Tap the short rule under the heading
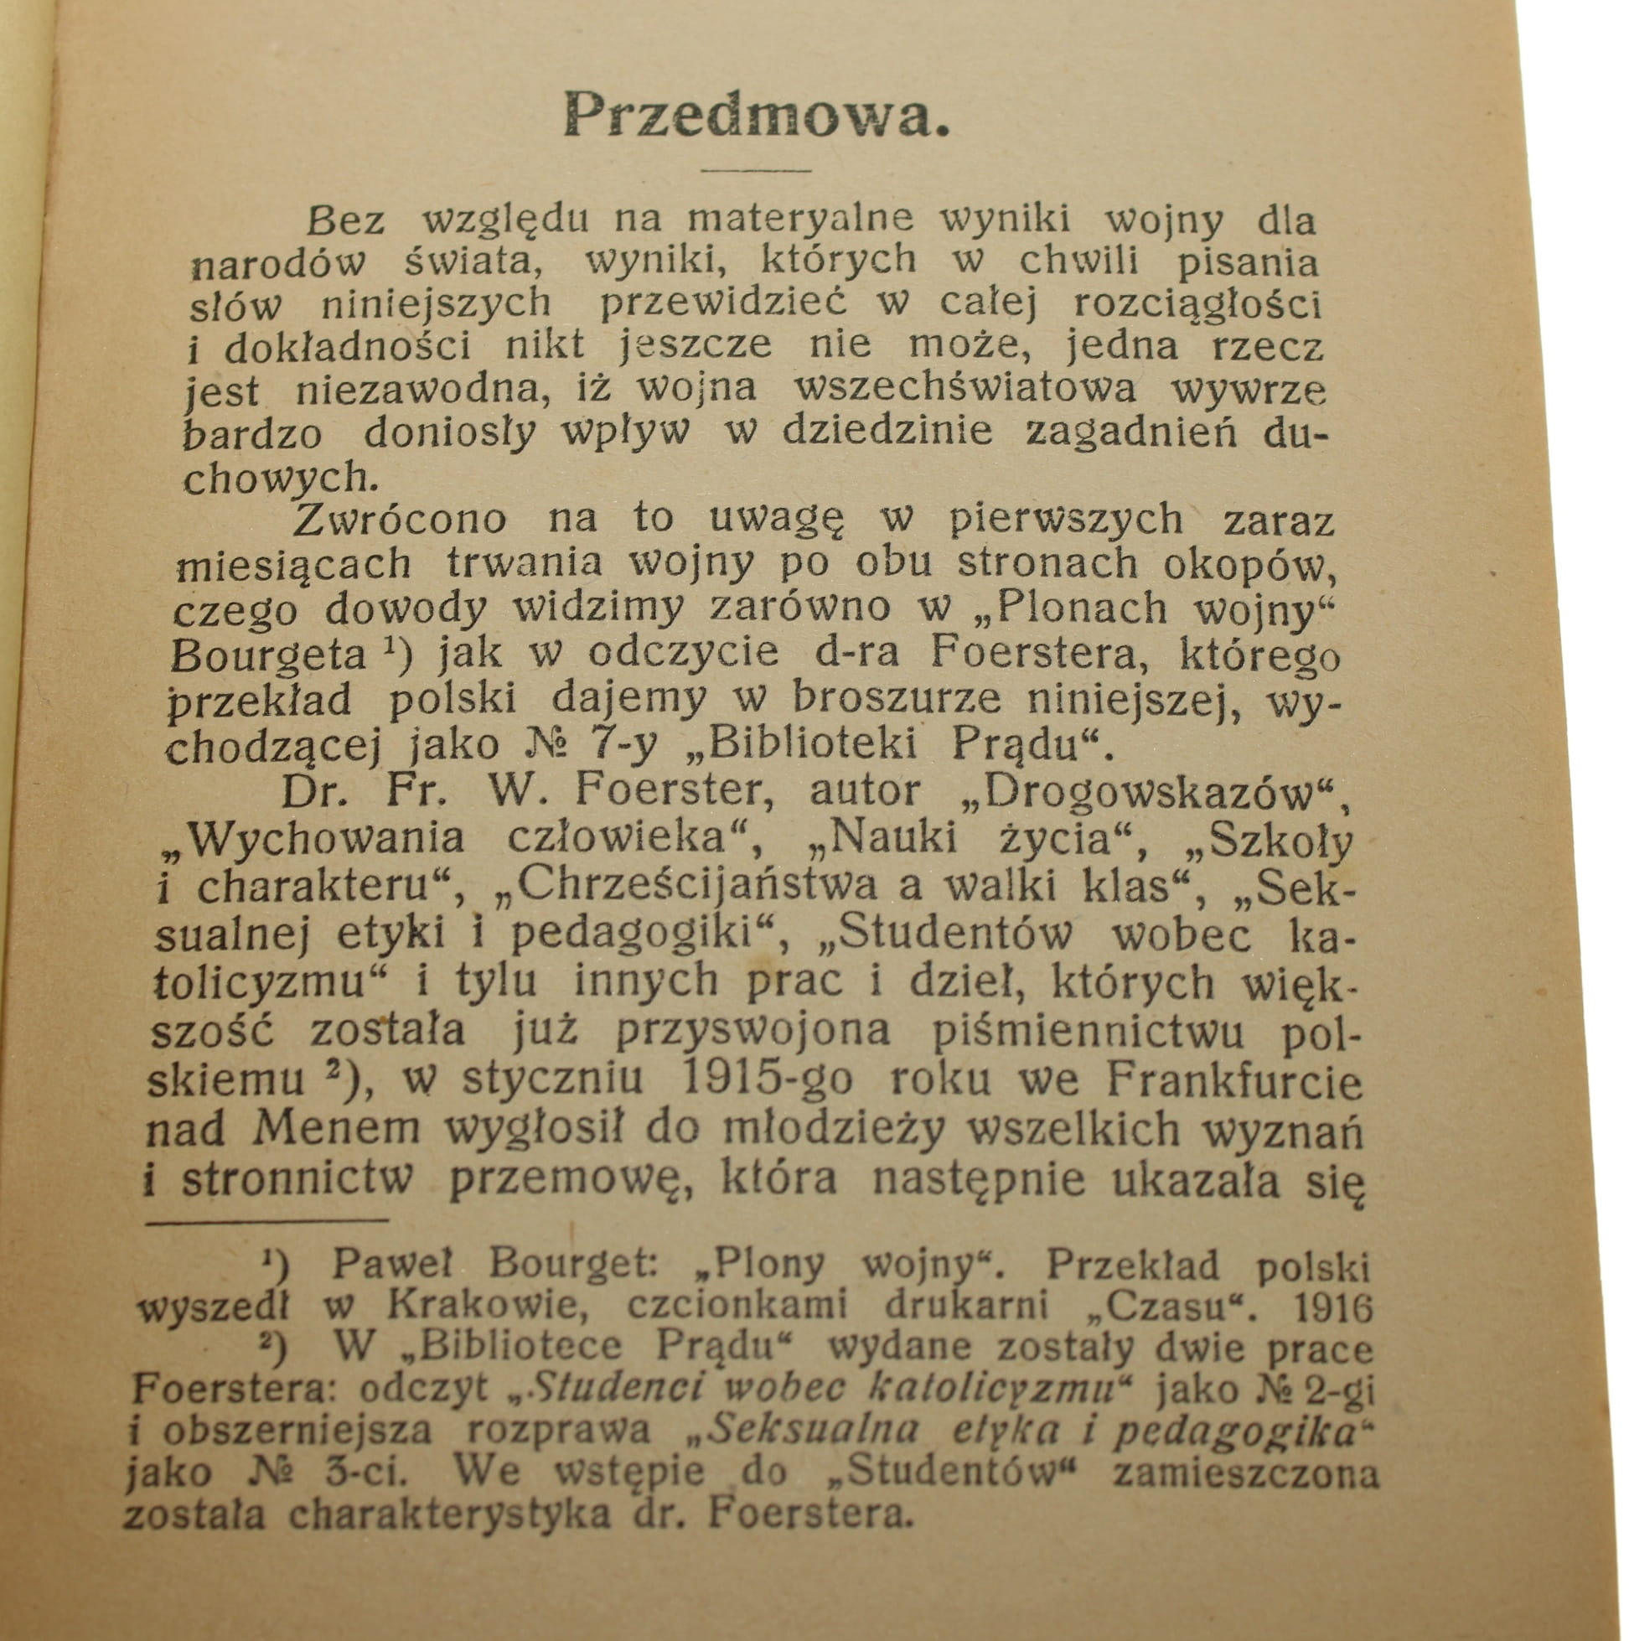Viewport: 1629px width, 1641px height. pos(754,170)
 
